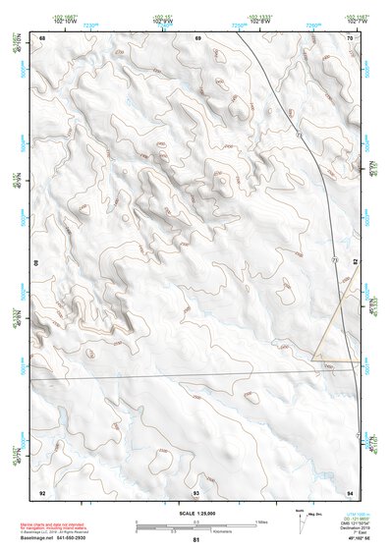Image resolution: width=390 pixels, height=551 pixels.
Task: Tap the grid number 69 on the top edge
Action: (198, 37)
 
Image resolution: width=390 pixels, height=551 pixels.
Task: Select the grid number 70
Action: (351, 37)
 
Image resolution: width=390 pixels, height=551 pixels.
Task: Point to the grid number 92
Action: (42, 491)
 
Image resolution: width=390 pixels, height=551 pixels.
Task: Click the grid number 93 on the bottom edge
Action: (196, 491)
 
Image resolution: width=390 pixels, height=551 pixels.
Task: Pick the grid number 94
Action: (350, 491)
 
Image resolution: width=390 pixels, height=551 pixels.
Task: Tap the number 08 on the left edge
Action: (38, 263)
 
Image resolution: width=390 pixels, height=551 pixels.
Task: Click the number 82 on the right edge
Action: (355, 263)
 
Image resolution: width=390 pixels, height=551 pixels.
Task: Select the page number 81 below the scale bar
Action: (196, 540)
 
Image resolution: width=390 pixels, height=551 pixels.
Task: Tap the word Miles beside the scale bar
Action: (262, 522)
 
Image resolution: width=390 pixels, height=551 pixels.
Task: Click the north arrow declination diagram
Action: (301, 520)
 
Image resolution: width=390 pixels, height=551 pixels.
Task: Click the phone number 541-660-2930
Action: (93, 538)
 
